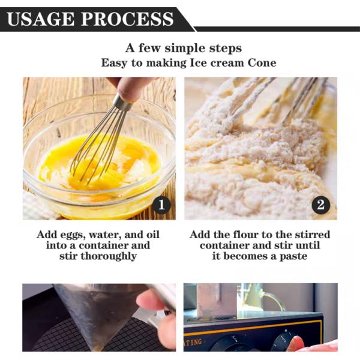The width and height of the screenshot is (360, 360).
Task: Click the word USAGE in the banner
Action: click(x=41, y=19)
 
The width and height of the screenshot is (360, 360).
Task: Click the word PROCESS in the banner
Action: click(x=127, y=19)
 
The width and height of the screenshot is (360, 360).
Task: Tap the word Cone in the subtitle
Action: click(x=262, y=63)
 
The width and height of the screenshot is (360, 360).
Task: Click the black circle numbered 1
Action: click(x=161, y=205)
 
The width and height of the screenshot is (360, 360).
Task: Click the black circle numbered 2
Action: click(x=321, y=205)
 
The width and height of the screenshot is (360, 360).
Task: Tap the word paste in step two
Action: click(x=293, y=256)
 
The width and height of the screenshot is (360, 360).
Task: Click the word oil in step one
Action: click(x=153, y=235)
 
